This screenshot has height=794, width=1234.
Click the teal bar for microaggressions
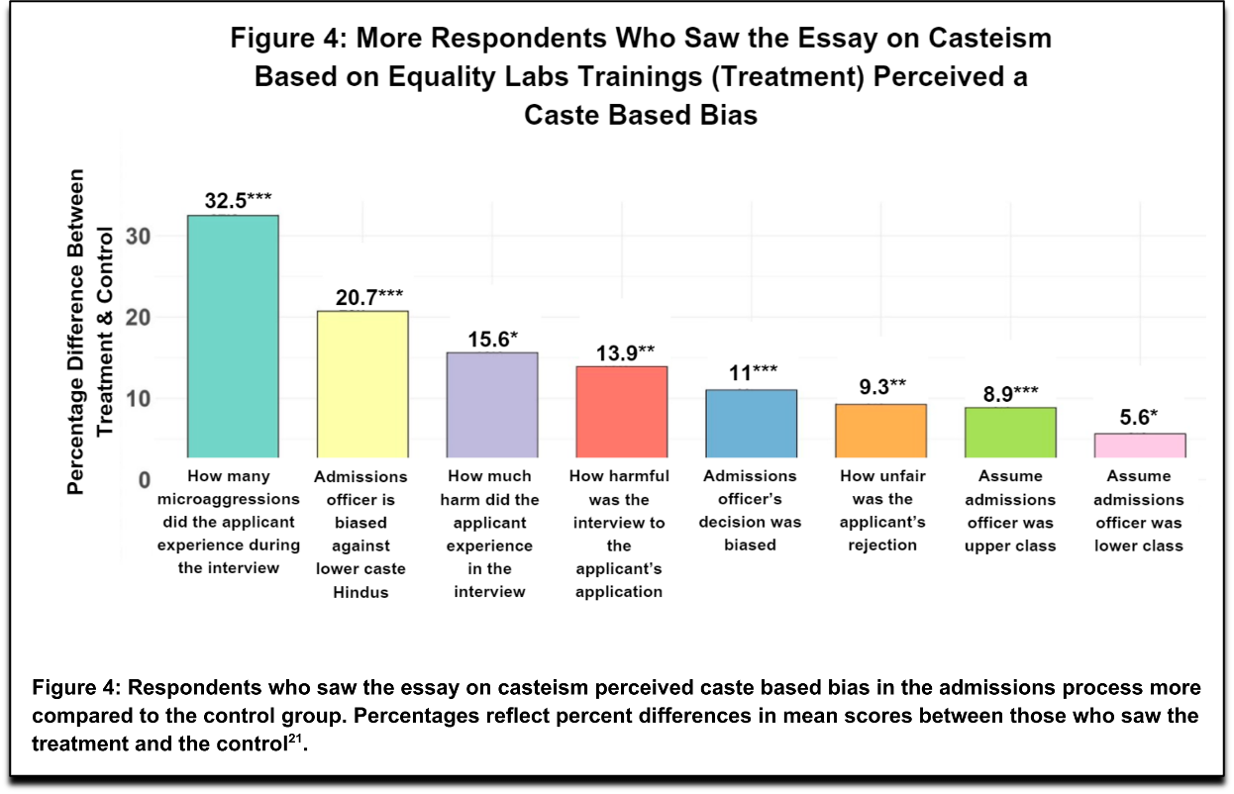point(233,337)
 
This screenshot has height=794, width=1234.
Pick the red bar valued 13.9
point(622,412)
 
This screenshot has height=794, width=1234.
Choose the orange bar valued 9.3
point(880,431)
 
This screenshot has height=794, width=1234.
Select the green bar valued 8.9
point(1010,433)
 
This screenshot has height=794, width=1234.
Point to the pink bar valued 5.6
point(1140,446)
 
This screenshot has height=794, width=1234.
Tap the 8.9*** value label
point(1010,393)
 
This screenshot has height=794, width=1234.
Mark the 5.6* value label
point(1139,418)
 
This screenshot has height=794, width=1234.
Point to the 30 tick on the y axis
point(136,236)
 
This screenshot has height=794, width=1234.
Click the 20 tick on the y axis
point(136,318)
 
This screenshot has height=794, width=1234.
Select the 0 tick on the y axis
point(142,480)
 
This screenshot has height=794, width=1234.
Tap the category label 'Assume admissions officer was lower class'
point(1139,511)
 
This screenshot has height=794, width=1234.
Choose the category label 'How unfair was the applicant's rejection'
point(881,510)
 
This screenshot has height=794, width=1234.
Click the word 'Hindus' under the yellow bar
point(360,592)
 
